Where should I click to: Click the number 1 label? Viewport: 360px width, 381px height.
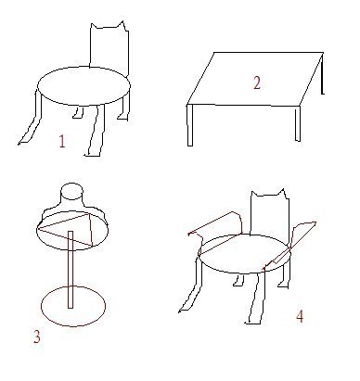click(x=62, y=142)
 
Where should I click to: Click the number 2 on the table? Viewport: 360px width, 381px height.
click(x=257, y=83)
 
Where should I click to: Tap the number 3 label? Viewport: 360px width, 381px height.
click(x=37, y=337)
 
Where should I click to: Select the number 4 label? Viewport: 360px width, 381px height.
click(x=300, y=316)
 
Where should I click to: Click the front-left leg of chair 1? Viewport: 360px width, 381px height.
click(x=31, y=119)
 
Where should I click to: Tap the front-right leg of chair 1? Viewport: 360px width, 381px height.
click(x=96, y=131)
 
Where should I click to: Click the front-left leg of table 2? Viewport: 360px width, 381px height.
click(x=190, y=125)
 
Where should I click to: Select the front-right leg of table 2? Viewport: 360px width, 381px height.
click(x=298, y=123)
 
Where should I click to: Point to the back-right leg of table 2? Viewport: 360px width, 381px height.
click(x=322, y=74)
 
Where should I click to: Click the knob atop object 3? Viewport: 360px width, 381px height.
click(x=71, y=192)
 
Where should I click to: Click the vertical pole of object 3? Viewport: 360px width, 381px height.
click(x=71, y=270)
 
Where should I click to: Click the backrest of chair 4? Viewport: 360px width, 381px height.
click(x=270, y=213)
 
